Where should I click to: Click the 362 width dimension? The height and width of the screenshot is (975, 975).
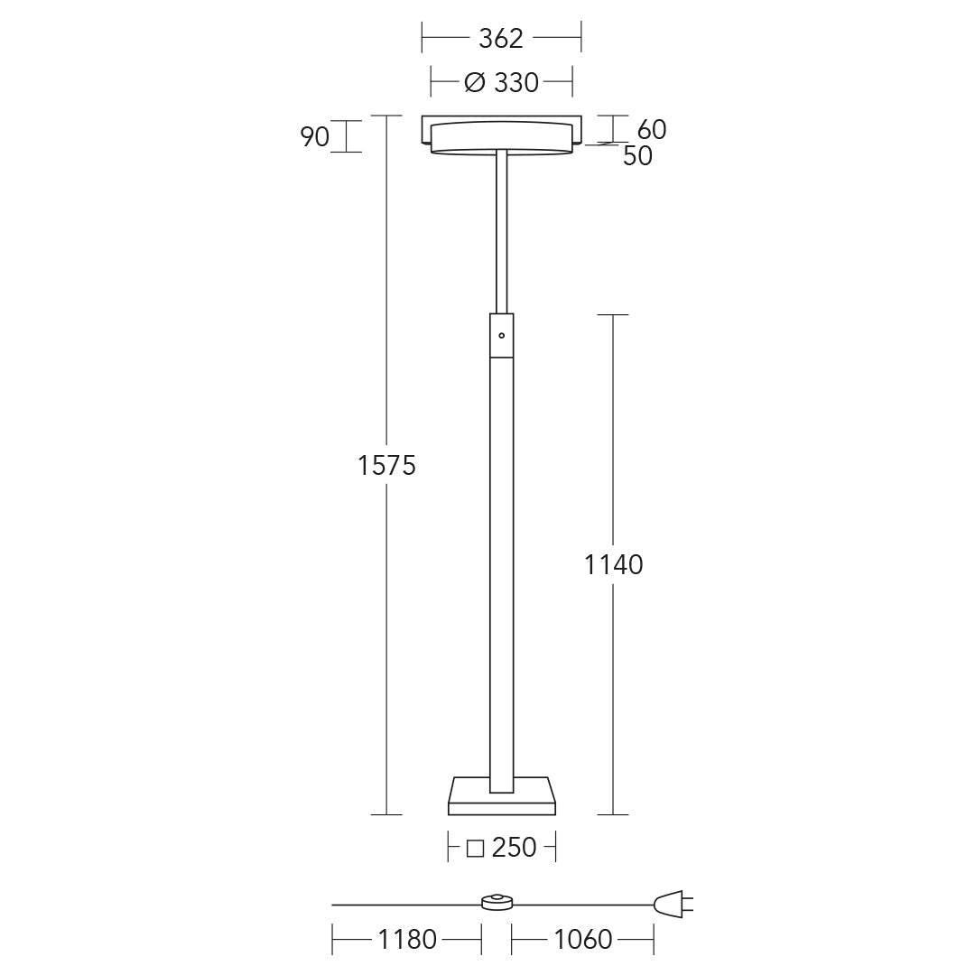[501, 39]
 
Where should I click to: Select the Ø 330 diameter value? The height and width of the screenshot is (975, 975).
[502, 82]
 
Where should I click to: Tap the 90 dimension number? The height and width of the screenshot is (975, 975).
[315, 137]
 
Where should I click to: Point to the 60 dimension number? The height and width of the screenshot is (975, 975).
[652, 129]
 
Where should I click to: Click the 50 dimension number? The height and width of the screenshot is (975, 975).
[637, 156]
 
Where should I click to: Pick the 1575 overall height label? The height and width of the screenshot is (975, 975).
[386, 465]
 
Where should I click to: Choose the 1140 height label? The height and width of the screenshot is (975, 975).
[613, 564]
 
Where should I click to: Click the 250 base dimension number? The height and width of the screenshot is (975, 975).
[514, 847]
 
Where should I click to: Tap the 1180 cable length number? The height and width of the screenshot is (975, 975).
[407, 940]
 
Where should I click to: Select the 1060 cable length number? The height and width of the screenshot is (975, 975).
[582, 940]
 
